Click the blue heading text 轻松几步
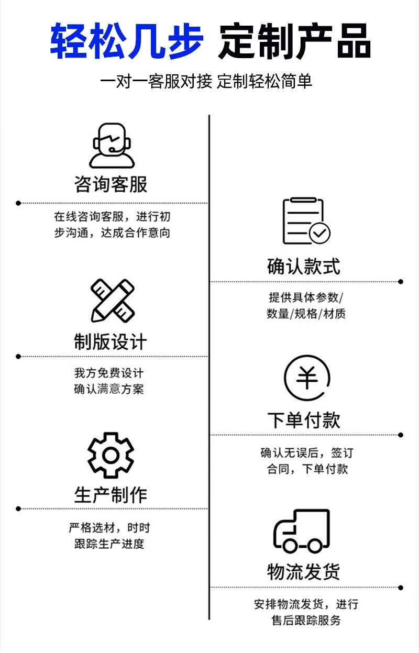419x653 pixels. pyautogui.click(x=127, y=41)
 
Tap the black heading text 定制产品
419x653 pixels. pyautogui.click(x=294, y=41)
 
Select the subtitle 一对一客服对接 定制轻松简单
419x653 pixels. pyautogui.click(x=206, y=81)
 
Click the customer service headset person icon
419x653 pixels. pyautogui.click(x=112, y=145)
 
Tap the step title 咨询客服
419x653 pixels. pyautogui.click(x=111, y=184)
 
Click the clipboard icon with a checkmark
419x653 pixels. pyautogui.click(x=306, y=221)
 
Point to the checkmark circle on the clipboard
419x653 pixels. pyautogui.click(x=319, y=233)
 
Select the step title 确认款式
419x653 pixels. pyautogui.click(x=304, y=266)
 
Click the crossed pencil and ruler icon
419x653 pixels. pyautogui.click(x=113, y=301)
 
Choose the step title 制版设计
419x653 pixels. pyautogui.click(x=111, y=341)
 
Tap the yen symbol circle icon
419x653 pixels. pyautogui.click(x=307, y=378)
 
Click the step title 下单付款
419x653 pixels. pyautogui.click(x=304, y=420)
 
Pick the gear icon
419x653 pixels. pyautogui.click(x=111, y=455)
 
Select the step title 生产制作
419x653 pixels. pyautogui.click(x=111, y=495)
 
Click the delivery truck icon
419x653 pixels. pyautogui.click(x=302, y=531)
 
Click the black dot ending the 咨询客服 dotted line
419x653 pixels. pyautogui.click(x=18, y=203)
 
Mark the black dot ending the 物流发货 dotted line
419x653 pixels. pyautogui.click(x=401, y=588)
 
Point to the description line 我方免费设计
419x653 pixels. pyautogui.click(x=109, y=373)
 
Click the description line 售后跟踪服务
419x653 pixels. pyautogui.click(x=306, y=621)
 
